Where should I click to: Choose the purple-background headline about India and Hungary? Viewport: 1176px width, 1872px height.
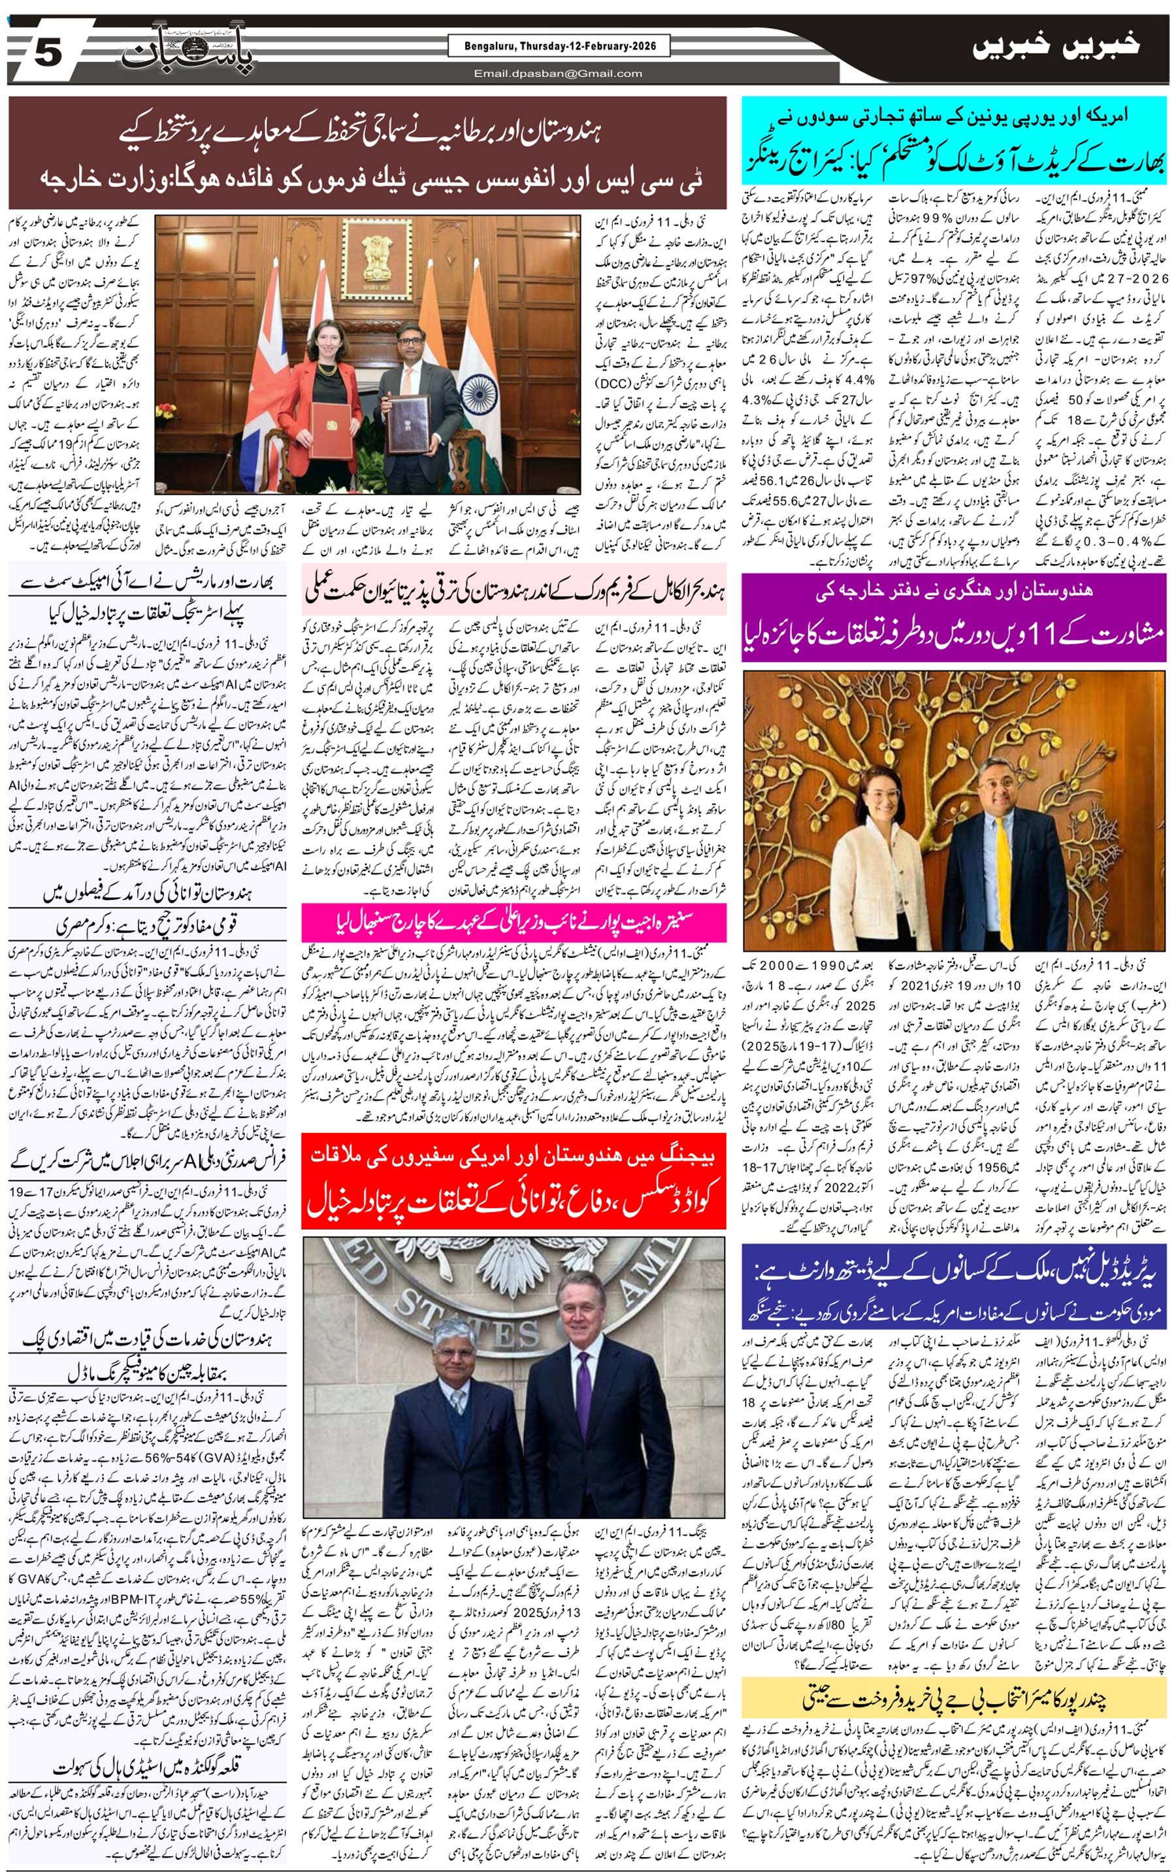click(954, 617)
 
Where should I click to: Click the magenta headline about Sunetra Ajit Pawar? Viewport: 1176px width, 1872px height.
click(514, 922)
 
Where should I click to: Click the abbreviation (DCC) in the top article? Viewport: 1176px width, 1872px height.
click(618, 384)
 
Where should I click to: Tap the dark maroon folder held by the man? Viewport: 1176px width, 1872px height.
click(409, 423)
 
